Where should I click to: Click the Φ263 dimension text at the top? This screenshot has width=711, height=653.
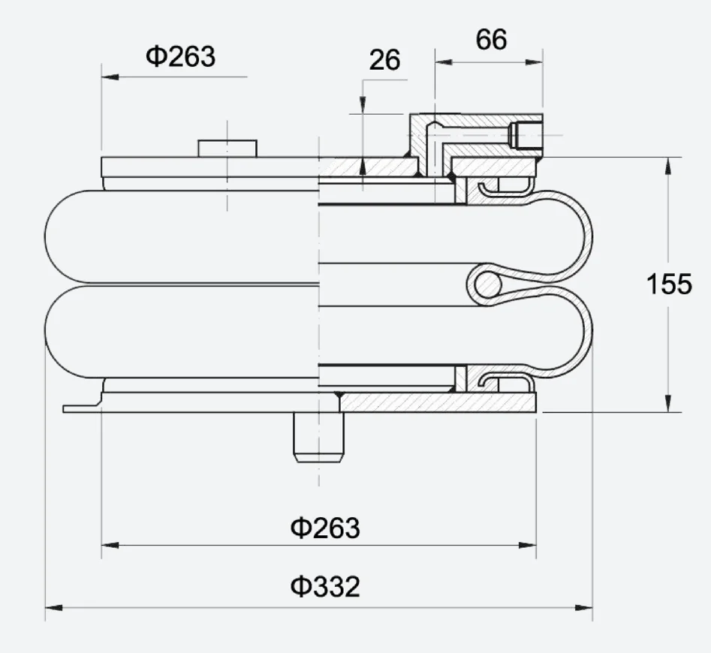coord(180,56)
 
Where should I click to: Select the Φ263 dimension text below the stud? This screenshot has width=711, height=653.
coord(325,528)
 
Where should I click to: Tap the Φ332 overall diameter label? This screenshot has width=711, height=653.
coord(325,586)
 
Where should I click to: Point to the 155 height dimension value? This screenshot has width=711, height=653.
coord(669,284)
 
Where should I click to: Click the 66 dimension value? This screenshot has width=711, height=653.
coord(491,40)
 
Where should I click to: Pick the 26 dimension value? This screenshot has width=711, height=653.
coord(384,61)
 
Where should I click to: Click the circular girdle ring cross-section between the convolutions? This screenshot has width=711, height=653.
coord(487,284)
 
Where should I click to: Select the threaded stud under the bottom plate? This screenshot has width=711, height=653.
coord(319,437)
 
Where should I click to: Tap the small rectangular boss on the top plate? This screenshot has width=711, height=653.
coord(227,148)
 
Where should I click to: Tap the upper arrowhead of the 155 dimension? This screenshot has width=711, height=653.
coord(667,164)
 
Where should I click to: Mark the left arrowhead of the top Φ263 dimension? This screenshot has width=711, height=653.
coord(107,77)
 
